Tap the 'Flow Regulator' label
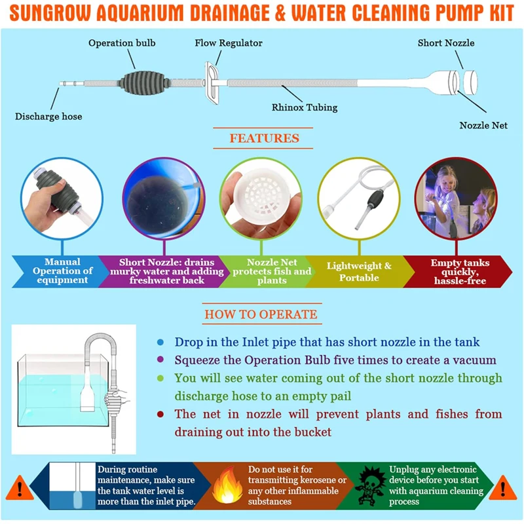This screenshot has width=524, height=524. (x=229, y=43)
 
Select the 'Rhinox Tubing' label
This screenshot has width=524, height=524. (x=304, y=106)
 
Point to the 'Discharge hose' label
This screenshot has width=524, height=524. (x=49, y=117)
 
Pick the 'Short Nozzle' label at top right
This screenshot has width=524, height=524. (x=446, y=43)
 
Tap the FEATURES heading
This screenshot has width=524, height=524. (x=264, y=139)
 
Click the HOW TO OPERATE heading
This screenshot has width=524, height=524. (x=261, y=314)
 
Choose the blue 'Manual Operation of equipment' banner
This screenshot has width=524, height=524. (x=68, y=271)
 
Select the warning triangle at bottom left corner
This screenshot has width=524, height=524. (x=21, y=488)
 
